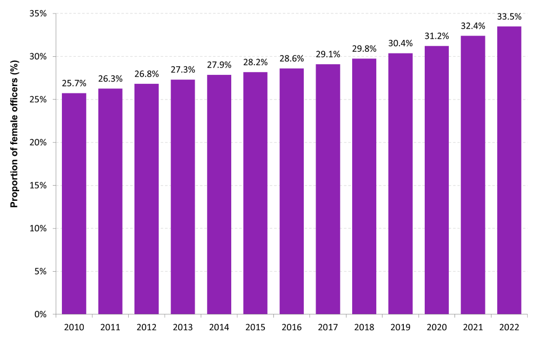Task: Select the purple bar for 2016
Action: coord(291,191)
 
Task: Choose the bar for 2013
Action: coord(183,197)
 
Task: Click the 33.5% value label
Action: coord(509,17)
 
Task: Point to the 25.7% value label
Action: coord(74,83)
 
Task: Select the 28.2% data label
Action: coord(255,62)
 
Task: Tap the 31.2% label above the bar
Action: coord(436,37)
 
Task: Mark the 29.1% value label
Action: coord(328,55)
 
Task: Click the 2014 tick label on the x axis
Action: coord(219,327)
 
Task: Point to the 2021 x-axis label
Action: coord(473,327)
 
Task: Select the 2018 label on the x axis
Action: coord(364,327)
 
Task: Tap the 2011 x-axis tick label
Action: coord(110,327)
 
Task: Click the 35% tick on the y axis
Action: coord(39,13)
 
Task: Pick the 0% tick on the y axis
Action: coord(41,314)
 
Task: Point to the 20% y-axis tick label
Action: coord(39,142)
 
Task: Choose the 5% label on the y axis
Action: coord(41,271)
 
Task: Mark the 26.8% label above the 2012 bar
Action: coord(147,74)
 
